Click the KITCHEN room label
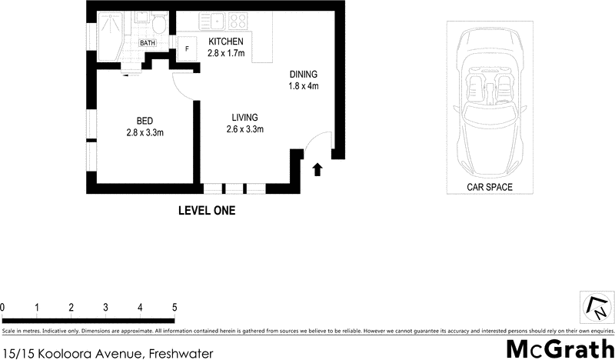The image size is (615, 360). (x=226, y=42)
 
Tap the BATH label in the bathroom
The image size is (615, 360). (x=147, y=43)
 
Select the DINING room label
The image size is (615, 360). (x=303, y=74)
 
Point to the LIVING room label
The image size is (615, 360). (x=245, y=117)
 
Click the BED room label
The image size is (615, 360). (x=145, y=121)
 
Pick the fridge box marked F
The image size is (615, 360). (x=186, y=48)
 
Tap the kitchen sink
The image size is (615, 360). (x=218, y=22)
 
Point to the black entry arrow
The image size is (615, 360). (x=317, y=168)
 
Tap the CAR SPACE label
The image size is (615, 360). (x=489, y=187)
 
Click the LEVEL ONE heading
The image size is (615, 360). (x=207, y=210)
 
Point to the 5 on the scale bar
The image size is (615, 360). (x=175, y=307)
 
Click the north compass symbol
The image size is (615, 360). (x=595, y=307)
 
